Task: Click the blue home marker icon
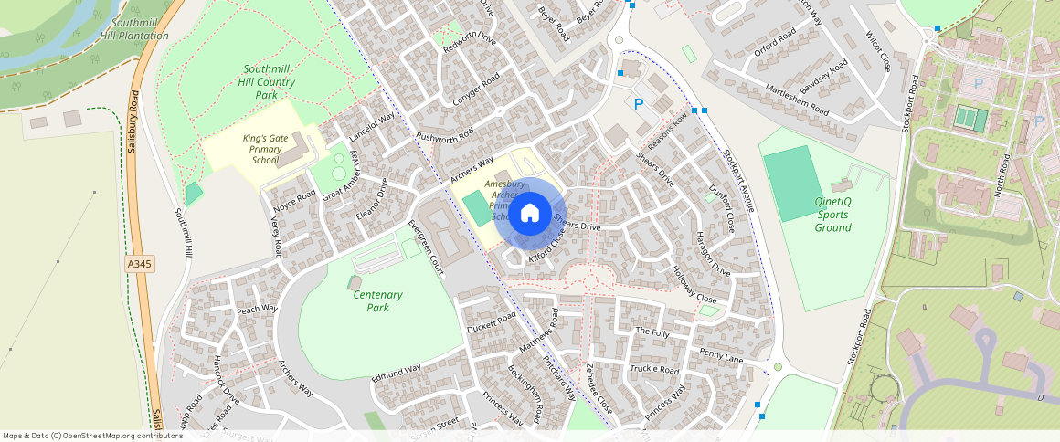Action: coord(529,214)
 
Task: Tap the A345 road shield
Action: coord(138,264)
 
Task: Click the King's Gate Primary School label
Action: coord(260,149)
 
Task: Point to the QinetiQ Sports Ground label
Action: coord(832,215)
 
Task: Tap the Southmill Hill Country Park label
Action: coord(266,82)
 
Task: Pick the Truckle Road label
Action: coord(654,370)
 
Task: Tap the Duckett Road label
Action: coord(491,321)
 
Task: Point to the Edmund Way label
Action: coord(397,374)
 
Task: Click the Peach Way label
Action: coord(257,309)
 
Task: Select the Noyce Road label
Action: coord(293,195)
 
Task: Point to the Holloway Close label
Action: coord(694,284)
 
